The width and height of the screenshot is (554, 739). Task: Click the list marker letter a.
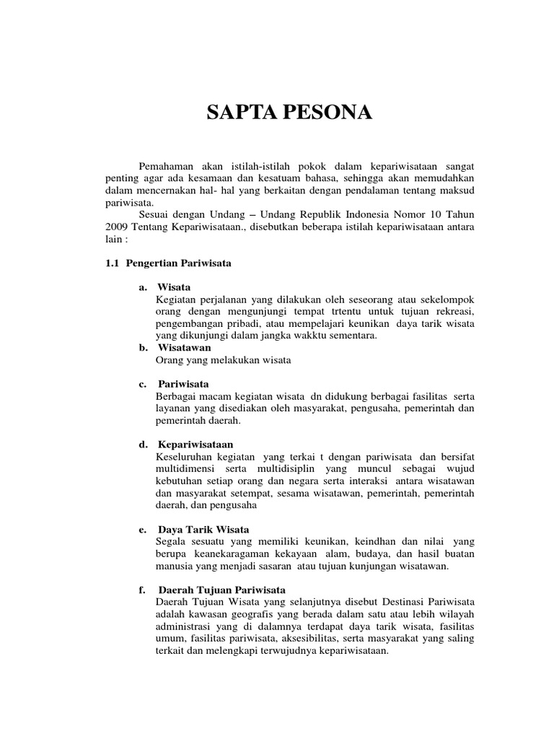pos(143,287)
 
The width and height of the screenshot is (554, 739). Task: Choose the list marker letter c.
pos(143,383)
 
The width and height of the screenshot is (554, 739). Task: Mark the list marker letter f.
pos(143,590)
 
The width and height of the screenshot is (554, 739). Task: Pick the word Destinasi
pos(392,602)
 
